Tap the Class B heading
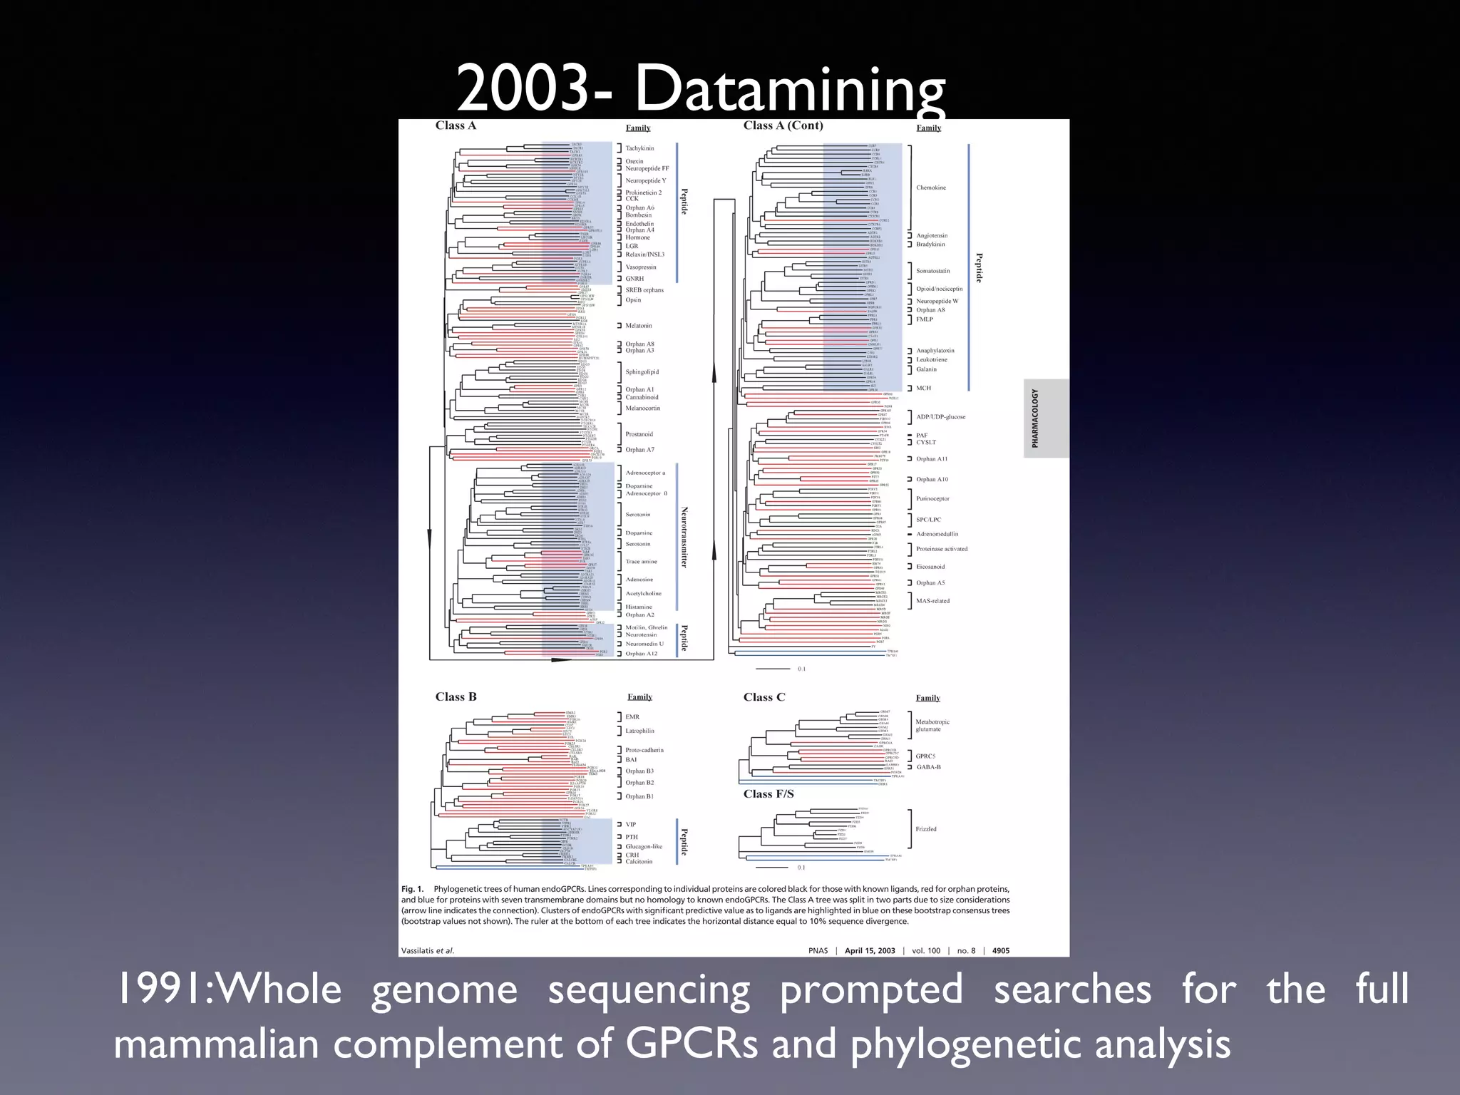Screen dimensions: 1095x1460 pyautogui.click(x=456, y=696)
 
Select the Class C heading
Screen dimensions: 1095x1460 pyautogui.click(x=764, y=696)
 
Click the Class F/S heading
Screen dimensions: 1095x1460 pyautogui.click(x=768, y=793)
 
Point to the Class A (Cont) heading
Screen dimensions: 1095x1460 pyautogui.click(x=783, y=125)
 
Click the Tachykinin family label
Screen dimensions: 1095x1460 pyautogui.click(x=639, y=148)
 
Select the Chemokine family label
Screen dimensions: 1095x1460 pyautogui.click(x=931, y=187)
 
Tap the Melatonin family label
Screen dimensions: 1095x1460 pyautogui.click(x=638, y=326)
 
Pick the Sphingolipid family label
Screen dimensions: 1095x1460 pyautogui.click(x=642, y=372)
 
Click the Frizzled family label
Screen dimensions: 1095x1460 pyautogui.click(x=926, y=829)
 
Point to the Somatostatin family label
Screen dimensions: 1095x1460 pyautogui.click(x=932, y=271)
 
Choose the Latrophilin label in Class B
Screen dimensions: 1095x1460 pyautogui.click(x=639, y=731)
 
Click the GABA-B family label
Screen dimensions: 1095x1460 pyautogui.click(x=928, y=767)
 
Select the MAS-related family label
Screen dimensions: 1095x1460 pyautogui.click(x=932, y=601)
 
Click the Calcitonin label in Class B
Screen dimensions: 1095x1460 pyautogui.click(x=639, y=862)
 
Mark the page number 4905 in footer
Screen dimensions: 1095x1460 pyautogui.click(x=1000, y=950)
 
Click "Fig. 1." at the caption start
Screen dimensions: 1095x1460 pyautogui.click(x=412, y=889)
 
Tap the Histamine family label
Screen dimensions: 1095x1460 pyautogui.click(x=639, y=607)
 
